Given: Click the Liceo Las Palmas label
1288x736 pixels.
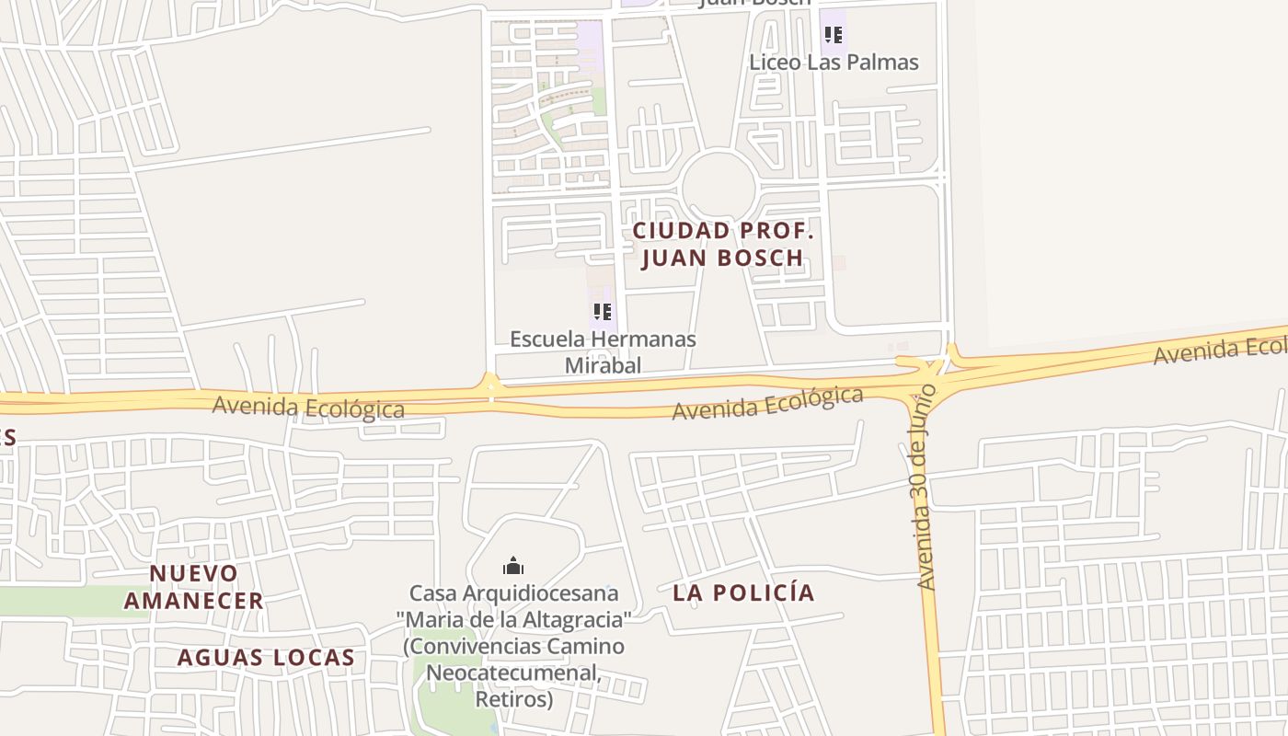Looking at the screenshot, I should click(x=834, y=63).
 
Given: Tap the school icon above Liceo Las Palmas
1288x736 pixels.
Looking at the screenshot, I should click(x=834, y=36).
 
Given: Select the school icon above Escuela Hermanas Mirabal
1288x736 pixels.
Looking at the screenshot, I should click(x=603, y=312).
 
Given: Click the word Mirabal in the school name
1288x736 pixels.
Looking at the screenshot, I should click(x=603, y=365).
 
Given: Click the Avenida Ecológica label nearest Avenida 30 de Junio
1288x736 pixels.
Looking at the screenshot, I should click(x=767, y=404).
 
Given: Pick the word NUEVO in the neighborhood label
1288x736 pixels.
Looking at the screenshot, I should click(x=194, y=573).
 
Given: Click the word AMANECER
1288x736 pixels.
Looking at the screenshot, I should click(x=194, y=601).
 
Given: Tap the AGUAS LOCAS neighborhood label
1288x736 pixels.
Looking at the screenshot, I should click(x=266, y=658).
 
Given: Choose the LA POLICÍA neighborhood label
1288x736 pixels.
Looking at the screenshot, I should click(x=743, y=592).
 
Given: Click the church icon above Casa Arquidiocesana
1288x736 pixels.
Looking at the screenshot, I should click(x=513, y=565).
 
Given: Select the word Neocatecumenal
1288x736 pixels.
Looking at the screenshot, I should click(x=513, y=673).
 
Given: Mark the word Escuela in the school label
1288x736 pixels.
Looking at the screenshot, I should click(x=547, y=339).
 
